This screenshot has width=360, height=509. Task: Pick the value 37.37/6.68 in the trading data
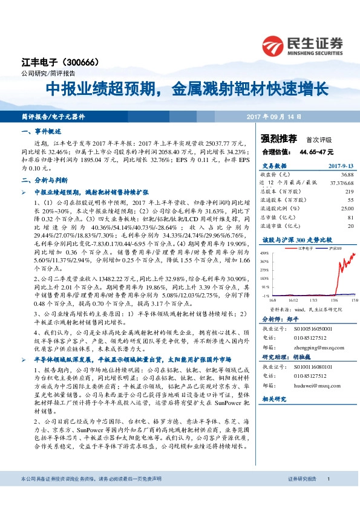[x=338, y=182]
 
